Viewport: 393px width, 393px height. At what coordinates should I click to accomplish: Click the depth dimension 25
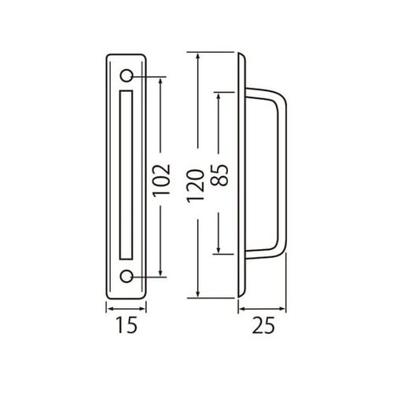(266, 325)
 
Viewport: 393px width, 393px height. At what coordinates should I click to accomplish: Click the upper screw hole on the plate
(127, 76)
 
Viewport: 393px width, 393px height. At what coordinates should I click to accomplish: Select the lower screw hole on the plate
(127, 276)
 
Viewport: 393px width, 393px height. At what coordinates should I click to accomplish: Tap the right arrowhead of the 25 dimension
(284, 309)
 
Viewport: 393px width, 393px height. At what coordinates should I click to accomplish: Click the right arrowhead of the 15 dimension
(148, 309)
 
